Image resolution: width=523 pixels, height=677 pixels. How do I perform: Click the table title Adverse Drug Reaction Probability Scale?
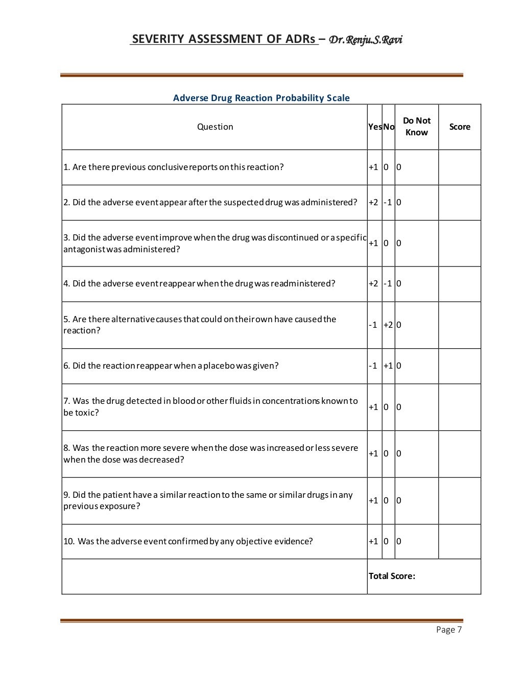coord(261,98)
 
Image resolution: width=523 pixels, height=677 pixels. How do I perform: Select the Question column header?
coord(215,127)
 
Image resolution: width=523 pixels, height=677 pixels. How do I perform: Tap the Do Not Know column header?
coord(416,127)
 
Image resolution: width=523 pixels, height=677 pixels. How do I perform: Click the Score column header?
coord(459,127)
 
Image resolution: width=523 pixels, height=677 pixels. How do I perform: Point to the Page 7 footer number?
coord(449,630)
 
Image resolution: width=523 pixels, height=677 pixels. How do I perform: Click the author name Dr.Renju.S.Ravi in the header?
coord(366,39)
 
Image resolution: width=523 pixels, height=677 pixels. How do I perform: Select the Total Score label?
coord(392,576)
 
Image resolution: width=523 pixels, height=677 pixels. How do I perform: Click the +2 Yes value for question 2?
coord(373,202)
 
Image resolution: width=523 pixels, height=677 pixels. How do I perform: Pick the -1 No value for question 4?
coord(388,283)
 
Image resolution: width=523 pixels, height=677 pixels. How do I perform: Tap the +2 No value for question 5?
coord(388,325)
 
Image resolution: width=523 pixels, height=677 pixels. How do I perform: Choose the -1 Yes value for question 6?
coord(373,366)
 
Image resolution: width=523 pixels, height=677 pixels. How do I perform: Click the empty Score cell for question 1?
coord(459,167)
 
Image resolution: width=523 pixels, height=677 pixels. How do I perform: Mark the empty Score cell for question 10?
coord(459,541)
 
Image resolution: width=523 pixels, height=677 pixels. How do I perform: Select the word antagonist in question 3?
coord(84,249)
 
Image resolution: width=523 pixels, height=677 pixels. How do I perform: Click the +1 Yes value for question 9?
coord(373,500)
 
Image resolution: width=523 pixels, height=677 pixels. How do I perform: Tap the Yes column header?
coord(374,127)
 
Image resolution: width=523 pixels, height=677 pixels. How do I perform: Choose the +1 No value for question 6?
coord(388,366)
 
